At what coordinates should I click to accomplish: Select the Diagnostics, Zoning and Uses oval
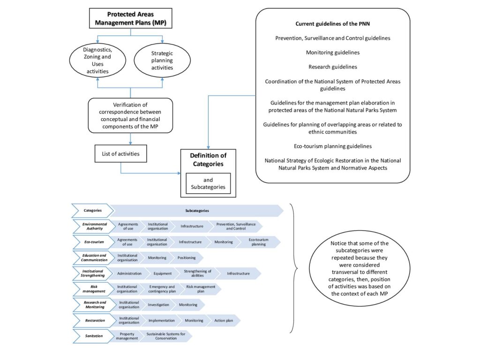(97, 60)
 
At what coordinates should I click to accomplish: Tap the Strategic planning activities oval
(162, 60)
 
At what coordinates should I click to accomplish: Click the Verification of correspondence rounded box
(130, 115)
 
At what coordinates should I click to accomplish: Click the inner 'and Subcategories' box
(208, 183)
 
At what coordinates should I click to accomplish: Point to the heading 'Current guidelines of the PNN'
(332, 23)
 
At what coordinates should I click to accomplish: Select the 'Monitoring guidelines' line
(332, 52)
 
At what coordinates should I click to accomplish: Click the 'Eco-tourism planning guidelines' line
(332, 146)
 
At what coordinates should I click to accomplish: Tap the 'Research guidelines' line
(332, 67)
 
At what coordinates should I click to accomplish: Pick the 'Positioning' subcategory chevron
(187, 257)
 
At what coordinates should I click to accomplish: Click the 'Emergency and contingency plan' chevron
(162, 289)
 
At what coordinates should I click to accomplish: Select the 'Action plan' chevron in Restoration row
(225, 321)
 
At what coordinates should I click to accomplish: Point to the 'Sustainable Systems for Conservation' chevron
(163, 336)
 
